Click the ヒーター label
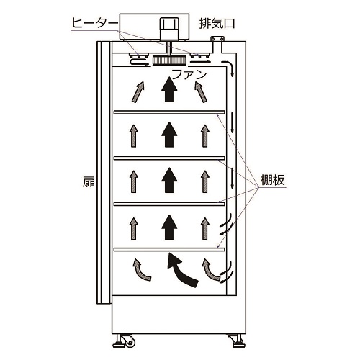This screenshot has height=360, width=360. [95, 24]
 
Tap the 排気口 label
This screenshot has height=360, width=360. [217, 24]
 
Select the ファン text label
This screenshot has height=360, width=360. [189, 75]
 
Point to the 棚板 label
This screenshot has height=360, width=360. [273, 180]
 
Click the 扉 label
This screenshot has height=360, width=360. [89, 181]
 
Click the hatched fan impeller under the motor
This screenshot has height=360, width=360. [169, 60]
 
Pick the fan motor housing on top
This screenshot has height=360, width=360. [169, 29]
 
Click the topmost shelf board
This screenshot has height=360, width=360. [169, 112]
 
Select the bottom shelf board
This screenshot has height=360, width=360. [169, 249]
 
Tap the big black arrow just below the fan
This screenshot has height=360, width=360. [169, 89]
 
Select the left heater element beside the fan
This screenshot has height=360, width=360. [138, 55]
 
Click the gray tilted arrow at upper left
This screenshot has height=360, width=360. [138, 92]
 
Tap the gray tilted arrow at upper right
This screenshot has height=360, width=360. [201, 92]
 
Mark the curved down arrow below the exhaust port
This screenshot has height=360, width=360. [230, 67]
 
